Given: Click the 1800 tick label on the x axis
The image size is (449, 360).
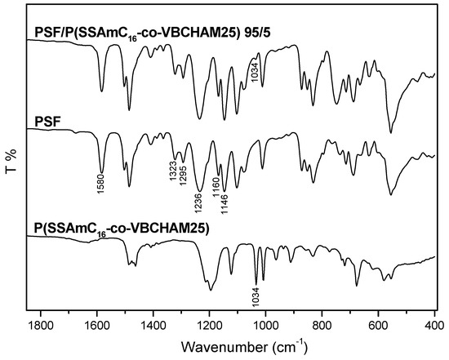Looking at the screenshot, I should click(x=41, y=325).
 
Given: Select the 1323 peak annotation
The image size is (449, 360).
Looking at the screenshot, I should click(x=174, y=162).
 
